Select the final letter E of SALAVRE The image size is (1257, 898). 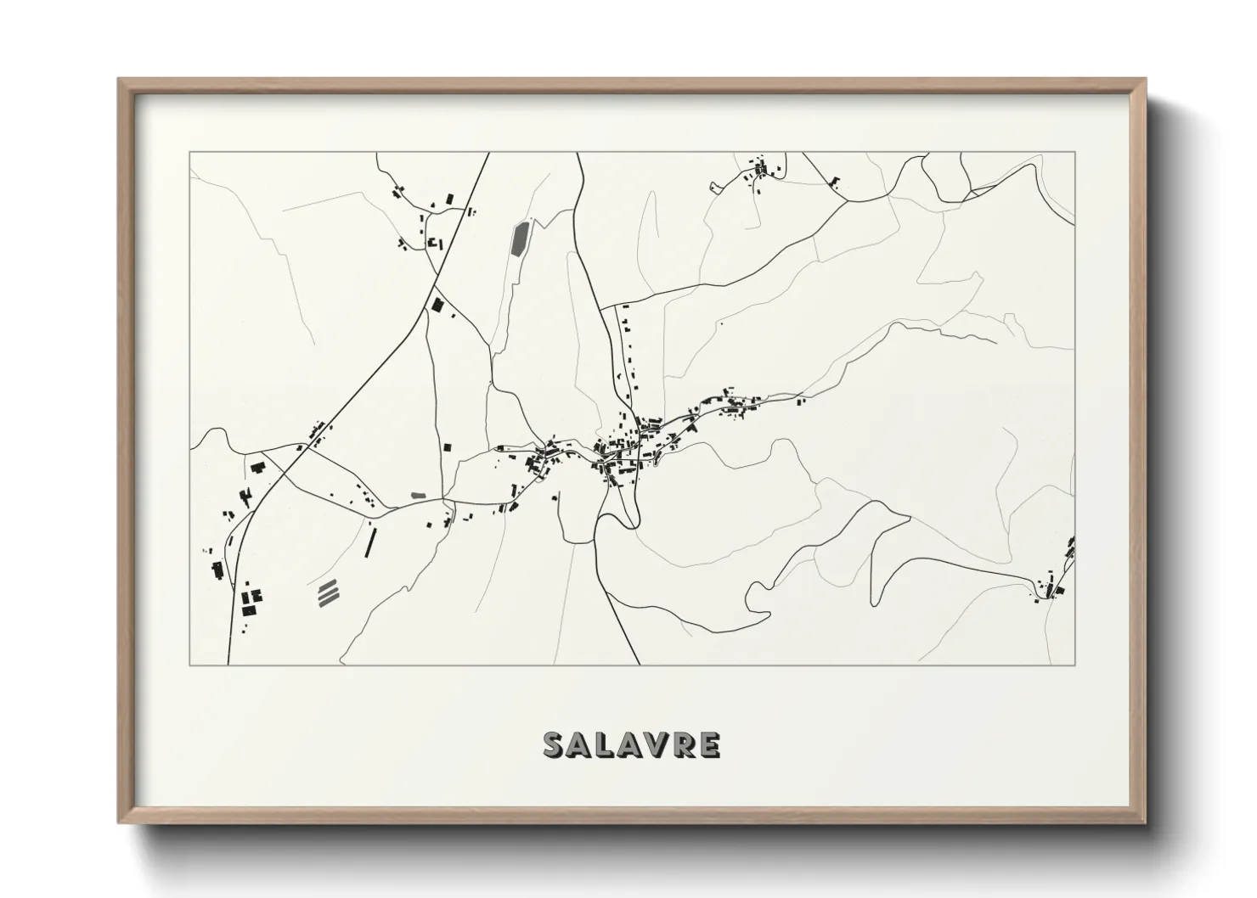tap(710, 744)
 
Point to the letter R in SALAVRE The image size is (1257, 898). tap(684, 744)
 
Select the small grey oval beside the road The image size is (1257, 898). tap(418, 494)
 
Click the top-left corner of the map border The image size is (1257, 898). tap(189, 153)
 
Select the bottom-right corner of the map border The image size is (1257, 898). tap(1074, 665)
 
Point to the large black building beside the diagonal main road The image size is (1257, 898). tap(437, 304)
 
